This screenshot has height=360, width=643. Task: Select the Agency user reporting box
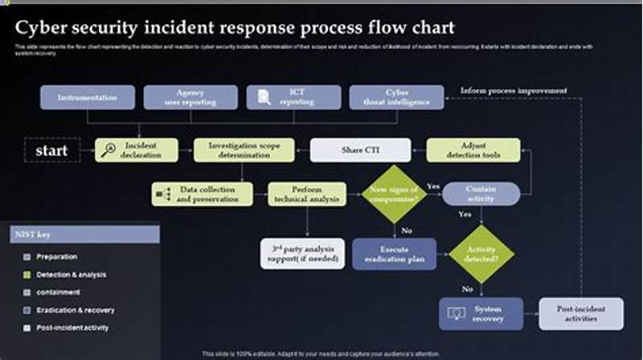click(190, 97)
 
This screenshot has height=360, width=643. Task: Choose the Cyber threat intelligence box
click(397, 97)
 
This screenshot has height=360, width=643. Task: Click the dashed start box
click(52, 150)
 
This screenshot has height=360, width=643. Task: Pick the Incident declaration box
click(137, 150)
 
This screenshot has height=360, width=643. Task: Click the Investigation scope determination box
click(240, 150)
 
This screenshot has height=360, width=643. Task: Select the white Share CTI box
click(360, 150)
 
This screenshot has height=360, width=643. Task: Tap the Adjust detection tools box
click(473, 150)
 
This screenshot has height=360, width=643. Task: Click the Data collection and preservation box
click(202, 194)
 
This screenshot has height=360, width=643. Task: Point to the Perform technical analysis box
click(307, 194)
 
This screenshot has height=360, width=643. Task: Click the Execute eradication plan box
click(394, 254)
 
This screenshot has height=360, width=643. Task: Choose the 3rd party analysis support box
click(302, 254)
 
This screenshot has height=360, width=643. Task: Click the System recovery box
click(481, 313)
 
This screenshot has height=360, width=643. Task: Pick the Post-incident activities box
click(569, 313)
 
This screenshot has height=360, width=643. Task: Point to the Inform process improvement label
click(514, 90)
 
